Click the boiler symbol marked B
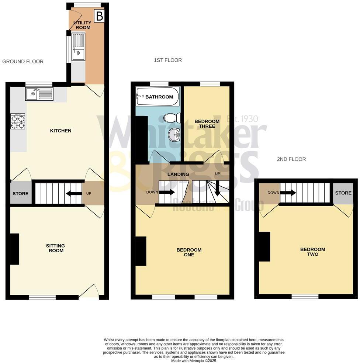pos(99,17)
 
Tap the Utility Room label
pos(82,25)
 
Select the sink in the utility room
pos(78,46)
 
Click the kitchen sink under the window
pos(39,94)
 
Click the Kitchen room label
pos(61,131)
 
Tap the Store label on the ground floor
pos(20,194)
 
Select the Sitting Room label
pos(55,248)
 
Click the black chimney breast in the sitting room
pos(14,249)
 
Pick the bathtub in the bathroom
pos(157,97)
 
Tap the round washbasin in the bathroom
pos(174,135)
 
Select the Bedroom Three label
pos(207,124)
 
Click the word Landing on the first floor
pos(178,174)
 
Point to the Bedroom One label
pos(189,252)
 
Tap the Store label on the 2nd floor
pos(343,193)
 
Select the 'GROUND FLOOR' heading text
pos(23,62)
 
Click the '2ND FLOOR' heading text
pos(291,159)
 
